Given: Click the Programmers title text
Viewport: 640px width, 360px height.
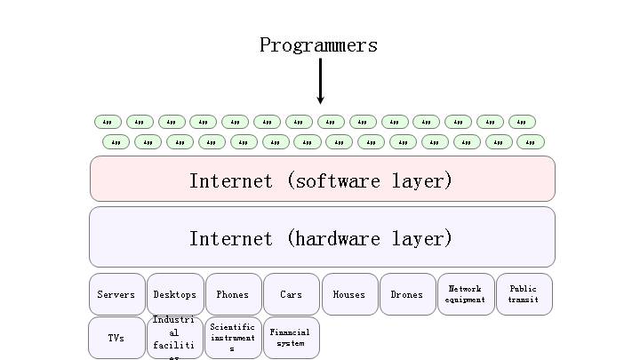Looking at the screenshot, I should tap(318, 45).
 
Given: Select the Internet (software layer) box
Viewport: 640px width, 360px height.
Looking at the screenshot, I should tap(322, 180).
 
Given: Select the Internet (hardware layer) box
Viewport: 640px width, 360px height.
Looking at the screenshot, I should tap(322, 237).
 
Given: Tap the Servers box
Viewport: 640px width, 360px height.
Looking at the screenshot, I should tap(116, 294).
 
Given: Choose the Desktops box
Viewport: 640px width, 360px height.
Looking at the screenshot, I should tap(175, 294).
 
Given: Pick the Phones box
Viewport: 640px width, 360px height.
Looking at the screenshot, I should tap(233, 294).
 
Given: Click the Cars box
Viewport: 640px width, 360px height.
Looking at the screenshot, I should tap(291, 294).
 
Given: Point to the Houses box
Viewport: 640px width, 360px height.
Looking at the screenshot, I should tap(349, 294).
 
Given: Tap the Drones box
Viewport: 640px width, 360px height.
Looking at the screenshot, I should tap(407, 294).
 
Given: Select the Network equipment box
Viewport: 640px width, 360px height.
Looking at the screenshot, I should tap(466, 294).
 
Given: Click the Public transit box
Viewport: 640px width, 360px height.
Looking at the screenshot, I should tap(524, 294).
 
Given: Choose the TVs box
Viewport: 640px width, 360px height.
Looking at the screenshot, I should tap(116, 338).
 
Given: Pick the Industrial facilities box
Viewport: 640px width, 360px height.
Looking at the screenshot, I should tap(175, 338).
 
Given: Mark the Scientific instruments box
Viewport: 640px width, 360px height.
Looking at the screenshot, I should tap(233, 338).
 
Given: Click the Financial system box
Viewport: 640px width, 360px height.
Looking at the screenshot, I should tap(291, 338).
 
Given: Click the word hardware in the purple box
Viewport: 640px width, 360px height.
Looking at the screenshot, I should tap(339, 238).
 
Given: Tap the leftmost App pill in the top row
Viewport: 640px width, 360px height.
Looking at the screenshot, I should tap(108, 122).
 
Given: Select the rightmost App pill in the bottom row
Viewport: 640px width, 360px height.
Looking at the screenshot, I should tap(531, 141).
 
